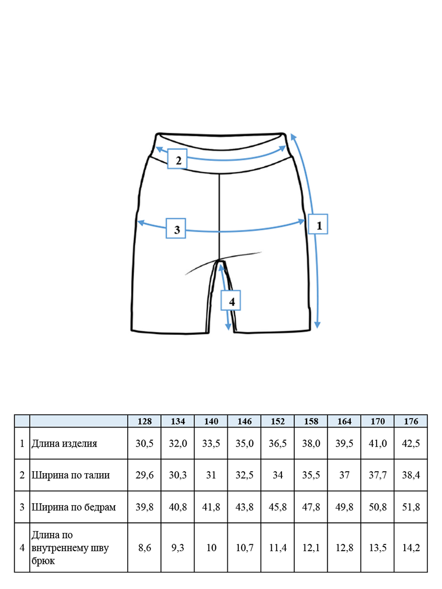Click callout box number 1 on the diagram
(318, 224)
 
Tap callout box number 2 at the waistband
(177, 159)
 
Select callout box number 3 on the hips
(176, 228)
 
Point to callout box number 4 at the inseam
(230, 300)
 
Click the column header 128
(144, 421)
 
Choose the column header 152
(277, 421)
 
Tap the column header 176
(411, 421)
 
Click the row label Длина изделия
(64, 444)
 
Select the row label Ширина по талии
(71, 475)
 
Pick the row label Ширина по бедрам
(74, 507)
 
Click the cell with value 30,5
(144, 444)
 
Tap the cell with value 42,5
(411, 444)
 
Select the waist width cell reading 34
(277, 475)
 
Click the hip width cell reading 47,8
(311, 507)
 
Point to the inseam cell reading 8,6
(144, 548)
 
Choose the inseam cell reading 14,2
(411, 548)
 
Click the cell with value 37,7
(378, 475)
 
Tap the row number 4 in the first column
(22, 548)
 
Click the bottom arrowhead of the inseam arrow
(228, 326)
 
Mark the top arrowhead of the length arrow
(293, 137)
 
